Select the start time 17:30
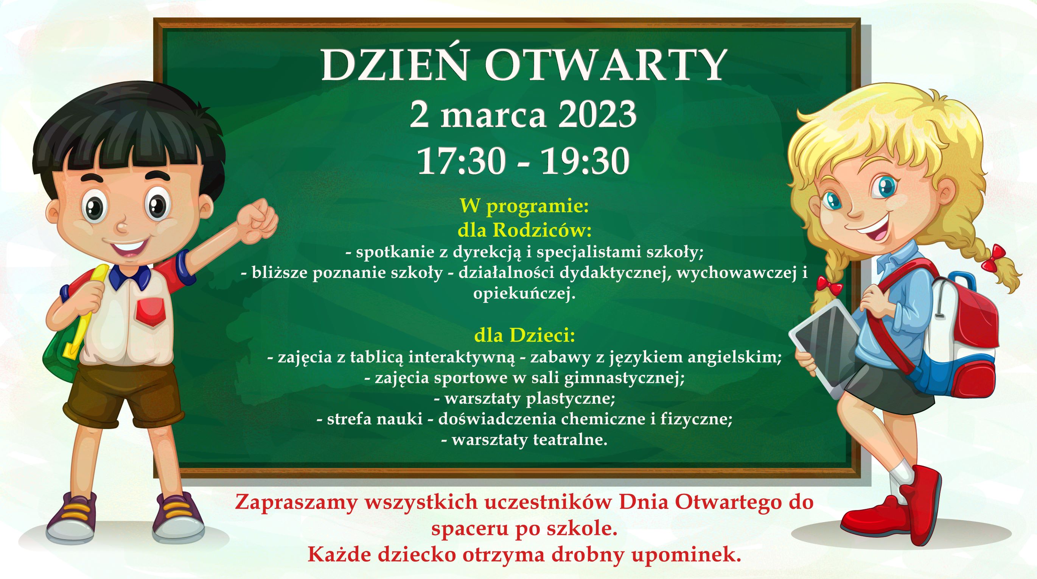(461, 161)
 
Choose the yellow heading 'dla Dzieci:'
(524, 335)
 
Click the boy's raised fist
(257, 221)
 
